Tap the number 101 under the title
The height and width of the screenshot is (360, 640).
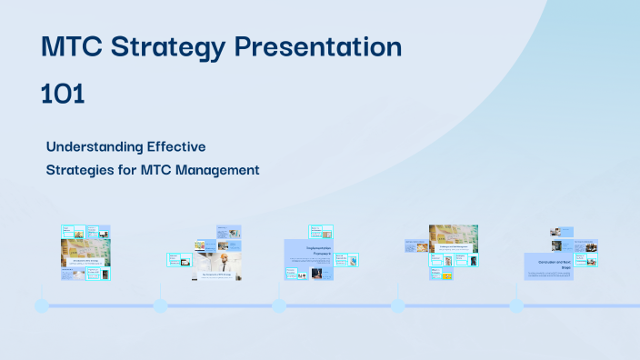(x=63, y=94)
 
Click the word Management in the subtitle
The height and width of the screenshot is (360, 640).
(x=216, y=169)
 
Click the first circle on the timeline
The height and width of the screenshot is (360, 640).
(x=42, y=305)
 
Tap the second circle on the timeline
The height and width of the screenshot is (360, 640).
(x=160, y=305)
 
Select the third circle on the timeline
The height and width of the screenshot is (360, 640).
(x=279, y=305)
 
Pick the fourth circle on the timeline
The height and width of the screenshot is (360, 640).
(x=397, y=305)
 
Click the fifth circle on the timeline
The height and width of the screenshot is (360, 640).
(x=516, y=305)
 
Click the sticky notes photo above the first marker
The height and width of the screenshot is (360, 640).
(x=85, y=249)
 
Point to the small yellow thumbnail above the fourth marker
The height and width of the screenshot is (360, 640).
(x=447, y=275)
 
